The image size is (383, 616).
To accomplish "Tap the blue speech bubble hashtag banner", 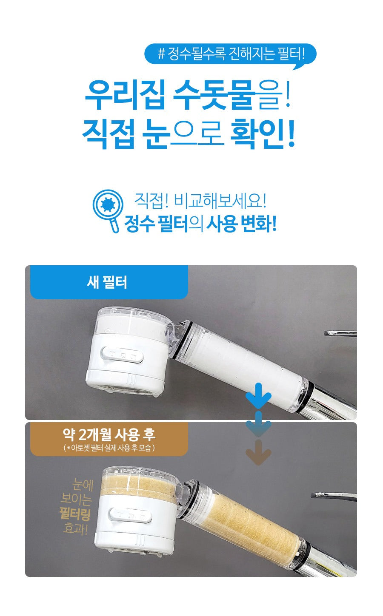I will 230,54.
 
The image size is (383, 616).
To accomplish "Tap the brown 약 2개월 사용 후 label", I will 109,438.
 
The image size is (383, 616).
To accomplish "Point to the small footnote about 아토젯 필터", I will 109,448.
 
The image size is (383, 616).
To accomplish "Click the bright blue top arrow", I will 258,395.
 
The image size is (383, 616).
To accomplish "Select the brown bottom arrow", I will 258,452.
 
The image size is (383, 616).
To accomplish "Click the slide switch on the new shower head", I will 122,354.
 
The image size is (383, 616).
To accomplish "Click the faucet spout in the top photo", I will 340,333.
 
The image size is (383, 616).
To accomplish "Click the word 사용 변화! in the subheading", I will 241,223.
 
